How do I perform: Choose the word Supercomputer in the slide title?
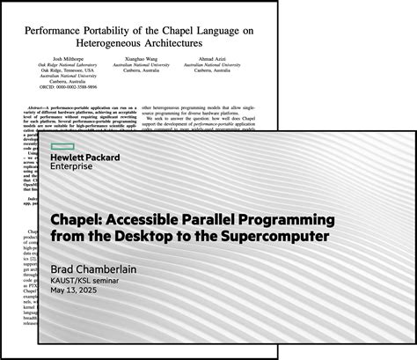(304, 238)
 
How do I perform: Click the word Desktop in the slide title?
(202, 238)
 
